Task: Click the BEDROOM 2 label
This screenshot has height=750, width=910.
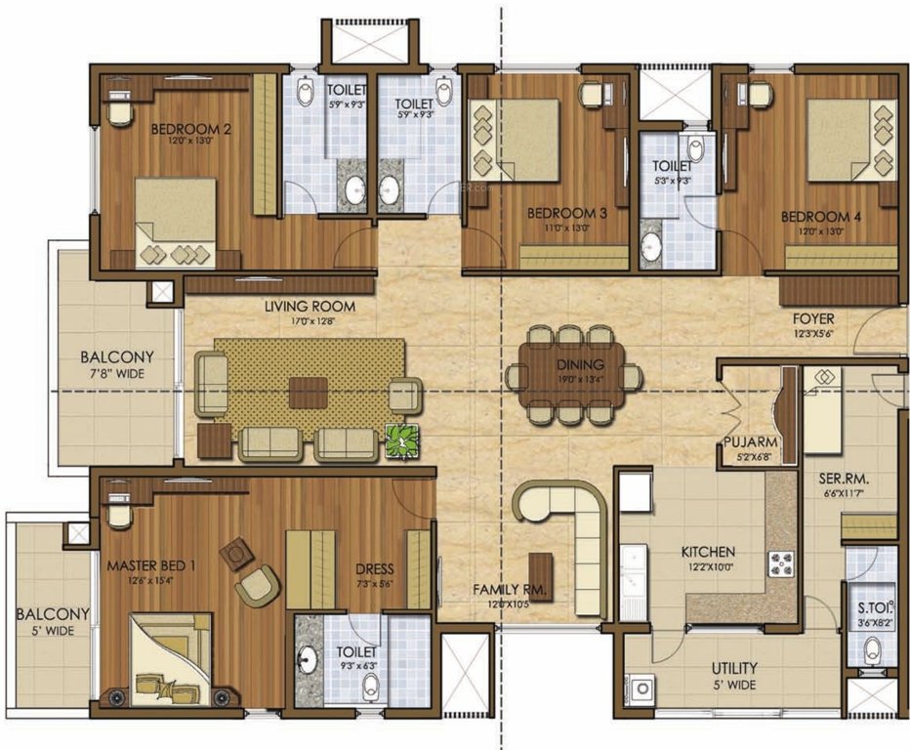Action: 191,128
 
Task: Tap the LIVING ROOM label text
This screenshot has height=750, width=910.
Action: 310,306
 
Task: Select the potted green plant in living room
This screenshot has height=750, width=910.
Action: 401,440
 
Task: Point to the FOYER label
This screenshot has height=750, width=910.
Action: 813,318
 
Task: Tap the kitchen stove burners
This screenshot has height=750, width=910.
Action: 782,563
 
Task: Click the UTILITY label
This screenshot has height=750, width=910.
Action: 734,669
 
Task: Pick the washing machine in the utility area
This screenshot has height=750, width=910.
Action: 641,688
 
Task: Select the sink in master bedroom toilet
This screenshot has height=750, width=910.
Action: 310,657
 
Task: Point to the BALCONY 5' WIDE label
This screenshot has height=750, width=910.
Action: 53,621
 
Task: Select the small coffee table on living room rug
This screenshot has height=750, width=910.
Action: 309,391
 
